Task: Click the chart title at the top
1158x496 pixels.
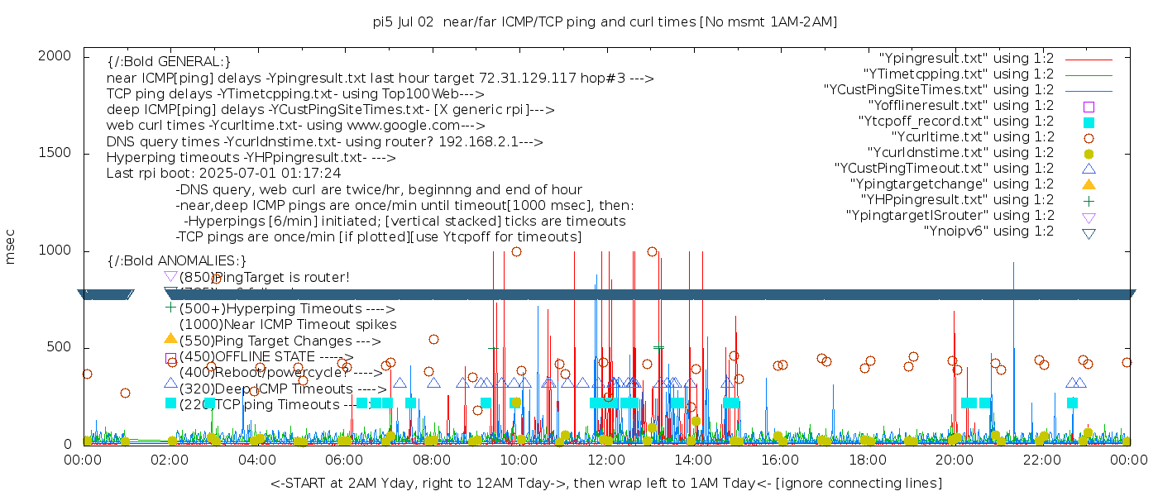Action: pos(605,22)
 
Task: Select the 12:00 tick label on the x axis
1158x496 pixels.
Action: pos(605,460)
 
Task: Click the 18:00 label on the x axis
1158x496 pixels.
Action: pos(867,460)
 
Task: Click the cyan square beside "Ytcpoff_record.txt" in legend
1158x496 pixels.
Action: pos(1089,122)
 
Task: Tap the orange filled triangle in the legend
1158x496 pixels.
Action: pos(1089,184)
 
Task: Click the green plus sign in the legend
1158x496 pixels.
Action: pos(1089,200)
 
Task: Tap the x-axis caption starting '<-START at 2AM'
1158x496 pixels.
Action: pos(605,483)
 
